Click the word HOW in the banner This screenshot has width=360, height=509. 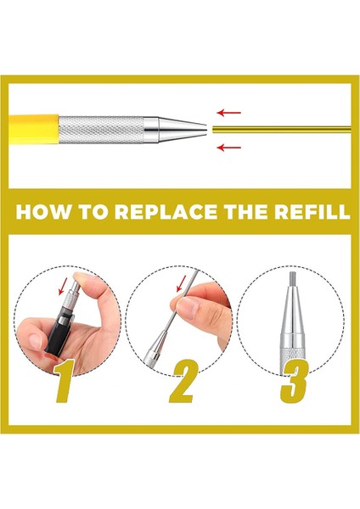click(43, 211)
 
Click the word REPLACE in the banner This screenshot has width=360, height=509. click(166, 211)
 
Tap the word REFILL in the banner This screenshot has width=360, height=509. click(312, 211)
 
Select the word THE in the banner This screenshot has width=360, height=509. click(245, 211)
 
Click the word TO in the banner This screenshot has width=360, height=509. click(93, 211)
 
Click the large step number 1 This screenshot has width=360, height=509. click(65, 382)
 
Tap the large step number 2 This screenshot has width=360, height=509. click(183, 382)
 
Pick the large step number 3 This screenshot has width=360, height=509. click(294, 382)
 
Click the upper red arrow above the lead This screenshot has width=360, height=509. click(229, 113)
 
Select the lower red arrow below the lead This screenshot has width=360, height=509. click(229, 148)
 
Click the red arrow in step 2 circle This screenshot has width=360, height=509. click(182, 283)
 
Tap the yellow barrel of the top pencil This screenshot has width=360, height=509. click(33, 129)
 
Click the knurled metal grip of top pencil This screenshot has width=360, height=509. click(101, 130)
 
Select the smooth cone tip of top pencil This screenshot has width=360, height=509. click(183, 130)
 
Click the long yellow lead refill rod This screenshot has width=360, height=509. click(282, 129)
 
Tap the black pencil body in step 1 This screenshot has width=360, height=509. click(59, 331)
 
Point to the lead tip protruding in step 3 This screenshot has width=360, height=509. click(292, 279)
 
